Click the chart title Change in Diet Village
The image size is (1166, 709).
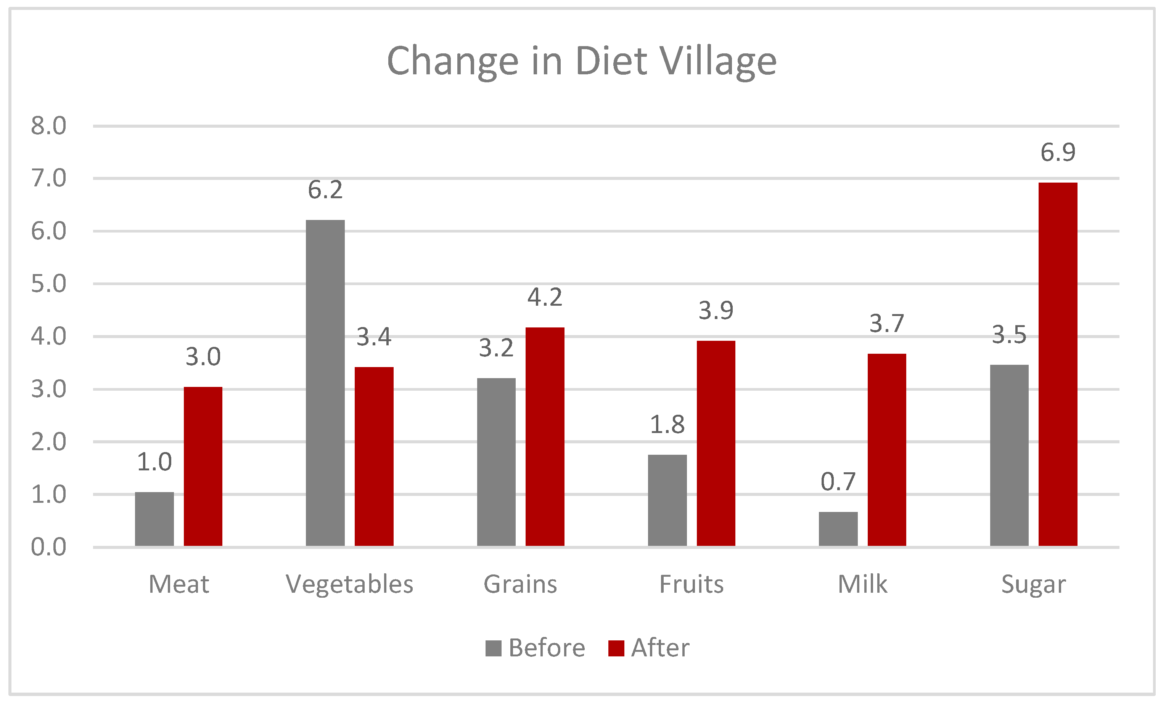pyautogui.click(x=582, y=61)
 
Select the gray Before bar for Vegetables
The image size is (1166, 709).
pyautogui.click(x=325, y=383)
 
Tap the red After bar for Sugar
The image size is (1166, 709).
pyautogui.click(x=1058, y=364)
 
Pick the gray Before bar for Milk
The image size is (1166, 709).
pyautogui.click(x=838, y=529)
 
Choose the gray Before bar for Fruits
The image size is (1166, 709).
pyautogui.click(x=667, y=500)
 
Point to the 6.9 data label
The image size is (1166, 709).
pyautogui.click(x=1058, y=152)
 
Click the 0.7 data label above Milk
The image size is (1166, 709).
pyautogui.click(x=838, y=482)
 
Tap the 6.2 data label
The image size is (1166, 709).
pyautogui.click(x=325, y=190)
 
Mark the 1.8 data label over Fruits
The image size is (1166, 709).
pyautogui.click(x=667, y=425)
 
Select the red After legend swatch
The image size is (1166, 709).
pyautogui.click(x=616, y=648)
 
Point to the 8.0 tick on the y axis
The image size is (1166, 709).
pyautogui.click(x=48, y=126)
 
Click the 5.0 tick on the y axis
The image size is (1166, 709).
pyautogui.click(x=48, y=284)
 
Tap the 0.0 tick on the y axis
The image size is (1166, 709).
pyautogui.click(x=48, y=547)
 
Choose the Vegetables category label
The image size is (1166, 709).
pyautogui.click(x=350, y=585)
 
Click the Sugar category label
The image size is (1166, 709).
pyautogui.click(x=1034, y=585)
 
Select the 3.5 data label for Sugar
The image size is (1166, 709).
pyautogui.click(x=1009, y=335)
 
